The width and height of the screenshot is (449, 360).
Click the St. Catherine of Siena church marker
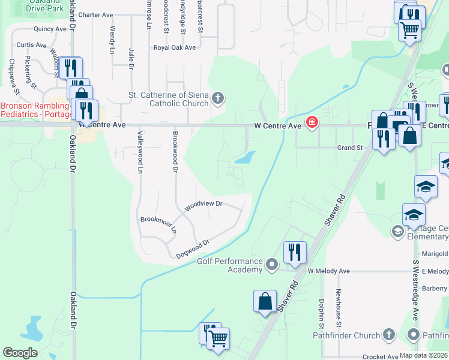tap(218, 98)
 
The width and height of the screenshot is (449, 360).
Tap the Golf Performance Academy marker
tap(272, 264)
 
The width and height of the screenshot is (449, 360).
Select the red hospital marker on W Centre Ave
tap(312, 123)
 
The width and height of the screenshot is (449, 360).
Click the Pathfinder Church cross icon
tap(388, 335)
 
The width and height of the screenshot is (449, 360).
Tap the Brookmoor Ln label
tap(158, 224)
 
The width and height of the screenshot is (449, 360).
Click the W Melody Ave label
tap(328, 271)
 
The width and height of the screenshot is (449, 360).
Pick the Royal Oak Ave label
tap(175, 47)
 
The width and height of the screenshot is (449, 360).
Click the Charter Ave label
tap(95, 14)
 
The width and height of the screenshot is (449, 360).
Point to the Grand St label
tap(349, 147)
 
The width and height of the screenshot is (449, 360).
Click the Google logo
tap(20, 353)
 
